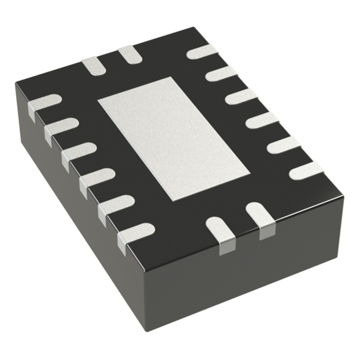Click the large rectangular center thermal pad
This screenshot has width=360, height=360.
[174, 138]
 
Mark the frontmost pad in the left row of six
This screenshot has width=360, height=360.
[135, 232]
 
